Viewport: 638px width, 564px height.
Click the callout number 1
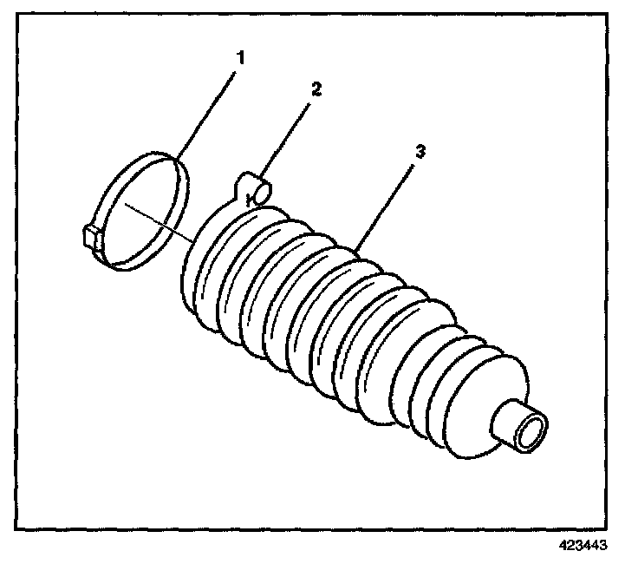coord(242,59)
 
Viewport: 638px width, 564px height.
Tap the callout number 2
coord(316,89)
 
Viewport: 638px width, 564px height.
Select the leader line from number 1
coord(208,112)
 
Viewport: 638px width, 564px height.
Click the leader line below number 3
coord(387,205)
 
